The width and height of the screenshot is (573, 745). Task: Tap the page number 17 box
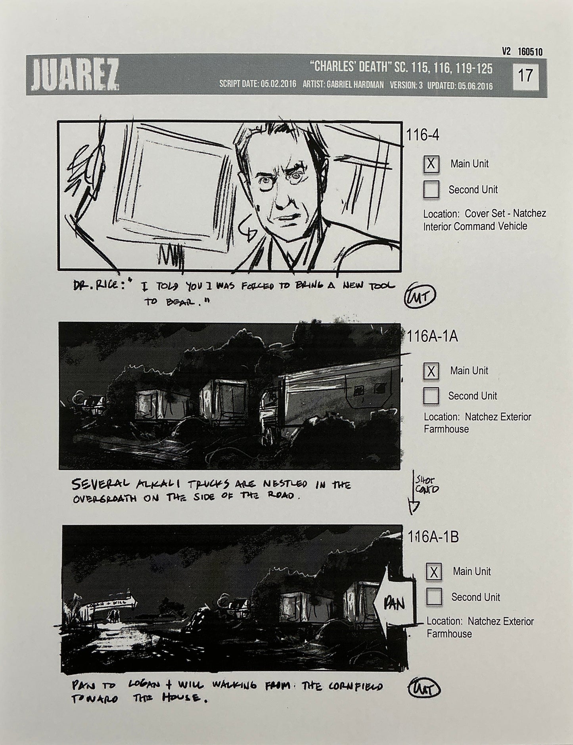click(525, 75)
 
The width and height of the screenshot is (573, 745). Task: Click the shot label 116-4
click(423, 136)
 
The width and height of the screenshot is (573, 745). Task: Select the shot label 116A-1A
click(432, 336)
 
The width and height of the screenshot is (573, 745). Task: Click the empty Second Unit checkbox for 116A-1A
click(431, 395)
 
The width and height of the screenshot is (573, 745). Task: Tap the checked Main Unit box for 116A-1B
click(434, 571)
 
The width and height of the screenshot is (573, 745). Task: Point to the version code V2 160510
click(522, 52)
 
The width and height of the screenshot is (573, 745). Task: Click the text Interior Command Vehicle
click(475, 226)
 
